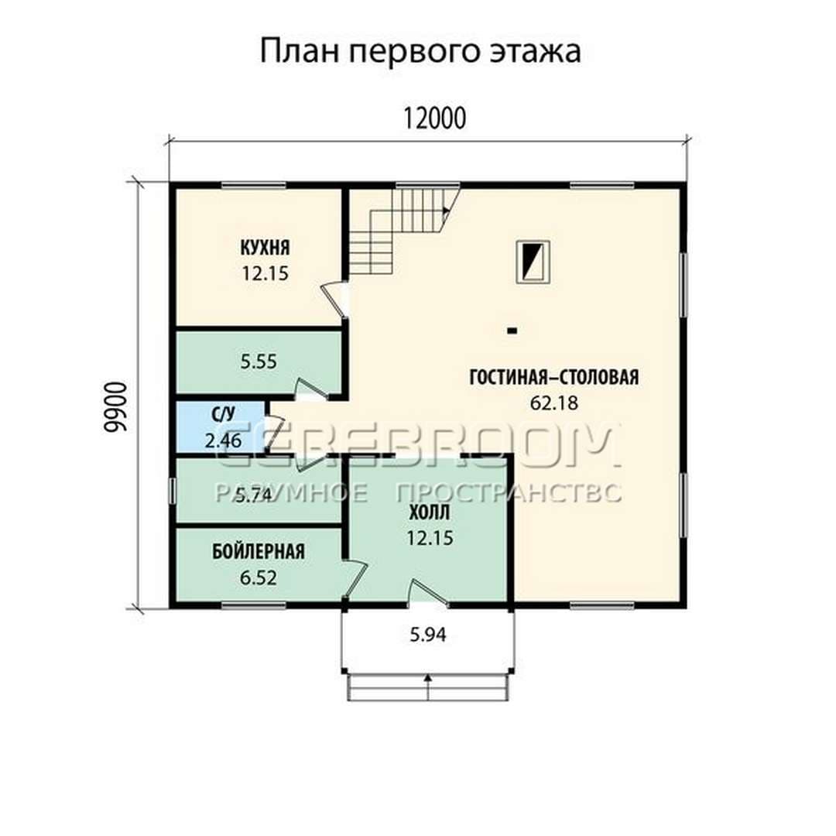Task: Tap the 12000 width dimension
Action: click(x=434, y=118)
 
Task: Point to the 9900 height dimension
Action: click(x=116, y=407)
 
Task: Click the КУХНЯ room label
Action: click(x=265, y=248)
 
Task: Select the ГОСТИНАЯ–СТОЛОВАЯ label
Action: click(x=554, y=377)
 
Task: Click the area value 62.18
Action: click(x=554, y=403)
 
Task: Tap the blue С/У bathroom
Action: click(x=221, y=427)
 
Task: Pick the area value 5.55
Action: click(x=259, y=361)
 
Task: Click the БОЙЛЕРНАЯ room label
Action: click(x=259, y=551)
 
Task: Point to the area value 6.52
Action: click(x=259, y=577)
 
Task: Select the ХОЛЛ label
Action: click(x=430, y=512)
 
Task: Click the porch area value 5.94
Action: click(x=428, y=635)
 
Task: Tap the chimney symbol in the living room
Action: click(x=533, y=262)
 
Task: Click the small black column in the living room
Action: click(x=512, y=331)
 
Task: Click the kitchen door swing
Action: click(x=335, y=300)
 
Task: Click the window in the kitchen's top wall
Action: click(x=253, y=186)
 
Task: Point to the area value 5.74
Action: click(x=255, y=496)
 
